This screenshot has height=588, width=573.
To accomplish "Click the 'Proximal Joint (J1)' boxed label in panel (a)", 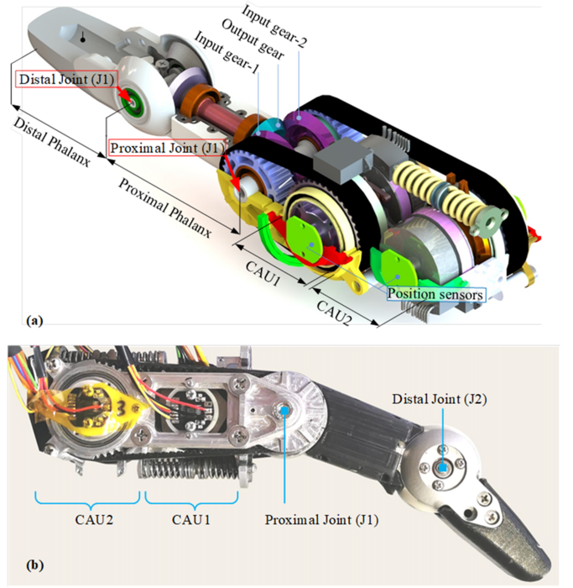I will click(x=167, y=148).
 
